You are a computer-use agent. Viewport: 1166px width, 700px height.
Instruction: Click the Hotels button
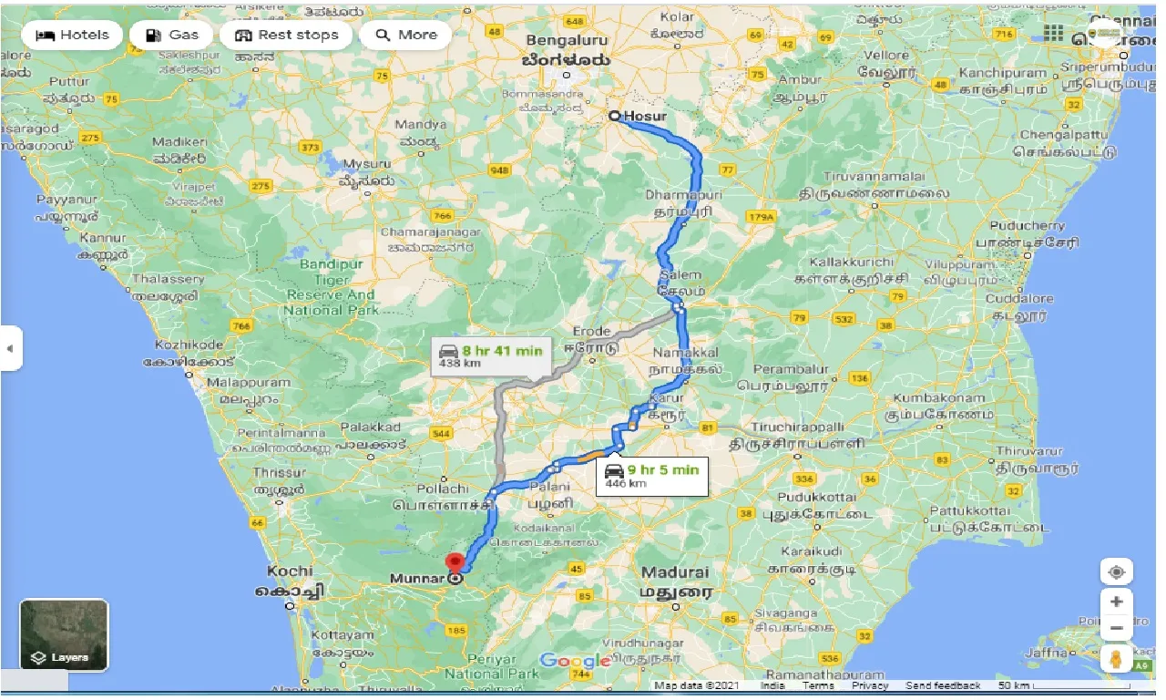point(72,36)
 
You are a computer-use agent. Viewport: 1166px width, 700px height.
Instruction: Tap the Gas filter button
point(171,36)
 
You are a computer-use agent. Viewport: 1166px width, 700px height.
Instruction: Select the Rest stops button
point(286,36)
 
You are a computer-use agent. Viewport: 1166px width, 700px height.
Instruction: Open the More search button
point(405,36)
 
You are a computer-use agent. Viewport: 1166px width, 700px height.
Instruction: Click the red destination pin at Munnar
point(455,562)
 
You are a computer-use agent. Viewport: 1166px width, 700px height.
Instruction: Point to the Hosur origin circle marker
point(615,116)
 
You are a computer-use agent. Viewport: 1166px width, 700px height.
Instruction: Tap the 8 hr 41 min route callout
point(490,355)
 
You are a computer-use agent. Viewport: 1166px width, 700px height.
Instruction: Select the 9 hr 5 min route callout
point(650,475)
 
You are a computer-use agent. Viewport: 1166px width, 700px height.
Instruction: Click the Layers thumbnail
point(64,634)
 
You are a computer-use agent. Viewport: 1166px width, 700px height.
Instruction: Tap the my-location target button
point(1117,572)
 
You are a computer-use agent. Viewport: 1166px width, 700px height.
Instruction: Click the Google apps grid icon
point(1054,34)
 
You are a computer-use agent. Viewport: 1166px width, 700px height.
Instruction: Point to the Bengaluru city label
point(566,41)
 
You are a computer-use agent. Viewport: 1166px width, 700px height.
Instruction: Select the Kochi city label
point(290,571)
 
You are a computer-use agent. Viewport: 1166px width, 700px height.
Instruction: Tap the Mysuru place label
point(368,164)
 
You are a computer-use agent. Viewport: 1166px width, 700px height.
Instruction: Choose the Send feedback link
point(943,685)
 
